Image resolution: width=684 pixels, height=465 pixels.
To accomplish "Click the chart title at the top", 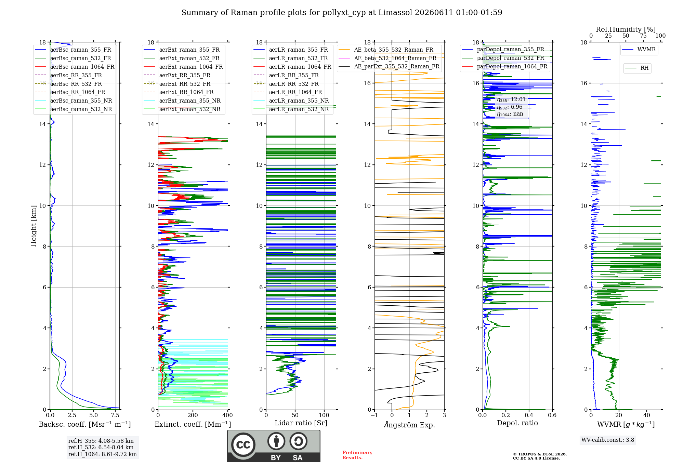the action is (342, 13).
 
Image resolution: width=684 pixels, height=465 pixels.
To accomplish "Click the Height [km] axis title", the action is (34, 226).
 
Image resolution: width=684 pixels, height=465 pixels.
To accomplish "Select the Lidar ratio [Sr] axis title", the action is (301, 423).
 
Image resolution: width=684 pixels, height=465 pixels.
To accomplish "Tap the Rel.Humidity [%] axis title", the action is (626, 29).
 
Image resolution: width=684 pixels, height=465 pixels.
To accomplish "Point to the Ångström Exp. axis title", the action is (409, 425).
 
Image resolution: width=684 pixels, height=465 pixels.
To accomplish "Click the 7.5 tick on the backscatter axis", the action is (115, 415).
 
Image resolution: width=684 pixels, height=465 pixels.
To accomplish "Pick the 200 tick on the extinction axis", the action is (193, 415).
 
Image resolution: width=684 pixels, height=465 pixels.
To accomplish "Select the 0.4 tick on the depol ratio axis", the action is (529, 415).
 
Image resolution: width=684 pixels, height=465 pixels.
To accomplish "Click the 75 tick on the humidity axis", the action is (643, 36).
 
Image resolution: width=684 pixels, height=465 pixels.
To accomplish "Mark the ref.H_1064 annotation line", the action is (103, 454).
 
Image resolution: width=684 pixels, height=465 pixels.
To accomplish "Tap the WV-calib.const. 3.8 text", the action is (608, 440).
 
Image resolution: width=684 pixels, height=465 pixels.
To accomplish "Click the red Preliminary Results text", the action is (357, 455).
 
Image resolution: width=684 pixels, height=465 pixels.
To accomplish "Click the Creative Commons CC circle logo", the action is (243, 445).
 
